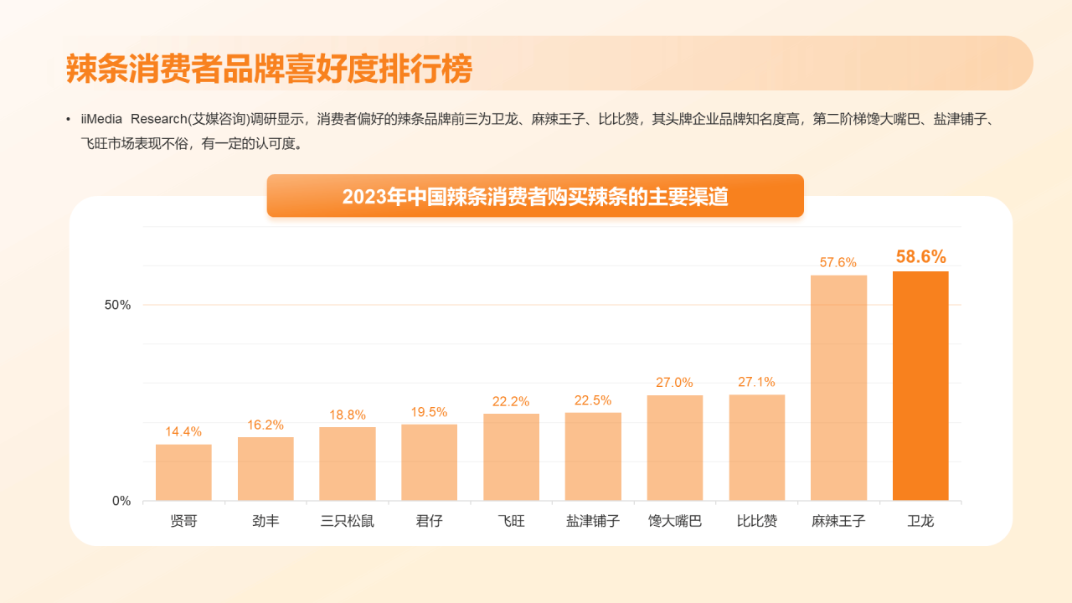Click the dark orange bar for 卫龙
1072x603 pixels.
(920, 386)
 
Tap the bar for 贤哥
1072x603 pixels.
(183, 472)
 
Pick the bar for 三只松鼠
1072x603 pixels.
(348, 464)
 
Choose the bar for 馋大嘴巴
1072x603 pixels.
(675, 448)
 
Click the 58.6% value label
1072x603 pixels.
(920, 257)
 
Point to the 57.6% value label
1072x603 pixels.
(837, 262)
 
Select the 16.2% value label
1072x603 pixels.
(265, 425)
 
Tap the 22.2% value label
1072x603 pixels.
(511, 401)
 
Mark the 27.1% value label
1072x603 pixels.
(756, 382)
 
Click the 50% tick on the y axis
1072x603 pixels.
(117, 305)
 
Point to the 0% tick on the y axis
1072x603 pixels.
(121, 501)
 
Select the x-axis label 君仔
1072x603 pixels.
(430, 521)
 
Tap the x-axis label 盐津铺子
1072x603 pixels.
(593, 521)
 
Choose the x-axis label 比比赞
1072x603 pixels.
(757, 521)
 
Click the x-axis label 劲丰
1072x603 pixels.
(265, 521)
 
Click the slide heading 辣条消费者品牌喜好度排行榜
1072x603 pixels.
(269, 69)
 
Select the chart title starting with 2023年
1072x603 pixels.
(535, 197)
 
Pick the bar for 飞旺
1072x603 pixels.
(511, 457)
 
